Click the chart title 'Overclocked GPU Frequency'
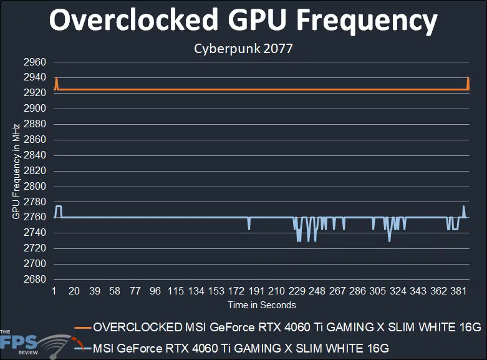(x=243, y=21)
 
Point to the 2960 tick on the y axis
(x=35, y=62)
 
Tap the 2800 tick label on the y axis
(x=35, y=187)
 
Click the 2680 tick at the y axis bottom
(x=35, y=280)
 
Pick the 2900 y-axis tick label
(x=35, y=109)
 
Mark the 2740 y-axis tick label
(x=35, y=233)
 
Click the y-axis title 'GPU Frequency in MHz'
(x=16, y=171)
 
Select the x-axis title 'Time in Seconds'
(x=262, y=305)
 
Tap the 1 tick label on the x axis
(x=54, y=291)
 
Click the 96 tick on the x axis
(x=155, y=291)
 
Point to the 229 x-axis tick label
(x=297, y=291)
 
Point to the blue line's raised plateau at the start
(x=59, y=207)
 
